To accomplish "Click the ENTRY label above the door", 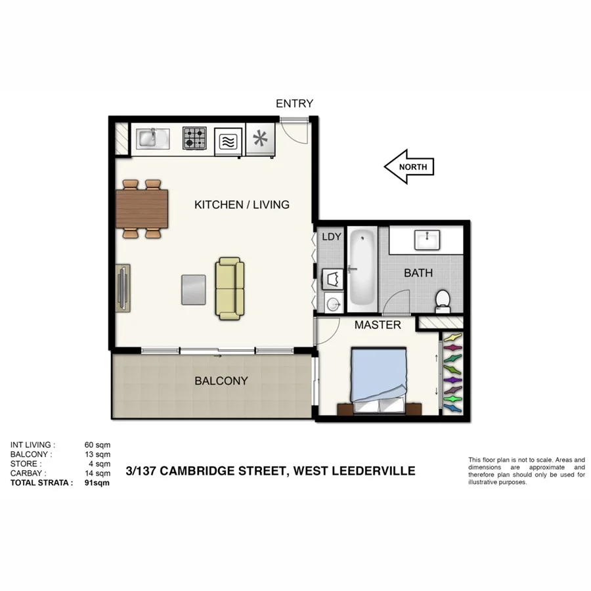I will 294,104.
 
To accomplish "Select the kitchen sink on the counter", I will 152,139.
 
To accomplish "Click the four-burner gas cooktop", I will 194,139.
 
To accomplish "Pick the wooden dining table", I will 142,208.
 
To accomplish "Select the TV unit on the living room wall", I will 123,286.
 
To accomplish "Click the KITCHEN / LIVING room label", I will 242,205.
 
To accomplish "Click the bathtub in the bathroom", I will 361,269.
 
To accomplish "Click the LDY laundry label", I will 332,236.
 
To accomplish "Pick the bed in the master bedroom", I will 381,381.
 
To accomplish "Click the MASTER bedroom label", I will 378,325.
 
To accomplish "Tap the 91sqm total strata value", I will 97,482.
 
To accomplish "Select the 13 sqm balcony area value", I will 97,454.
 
